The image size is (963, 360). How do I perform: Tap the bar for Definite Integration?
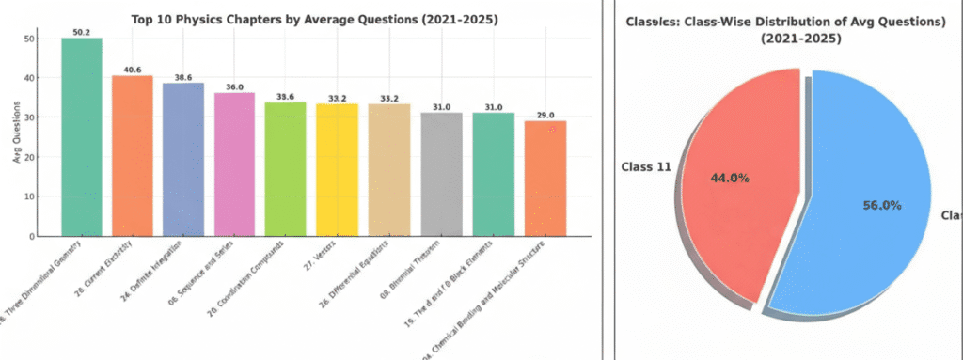[183, 160]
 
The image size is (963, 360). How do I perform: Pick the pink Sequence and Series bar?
[234, 164]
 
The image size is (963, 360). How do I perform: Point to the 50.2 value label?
[82, 31]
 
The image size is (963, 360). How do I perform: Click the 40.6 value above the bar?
[132, 69]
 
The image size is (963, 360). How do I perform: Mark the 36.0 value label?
[234, 86]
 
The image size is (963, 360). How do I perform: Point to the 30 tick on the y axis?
[30, 117]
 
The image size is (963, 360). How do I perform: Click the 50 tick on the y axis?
[30, 39]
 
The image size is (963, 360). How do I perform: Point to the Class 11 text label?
[644, 167]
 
